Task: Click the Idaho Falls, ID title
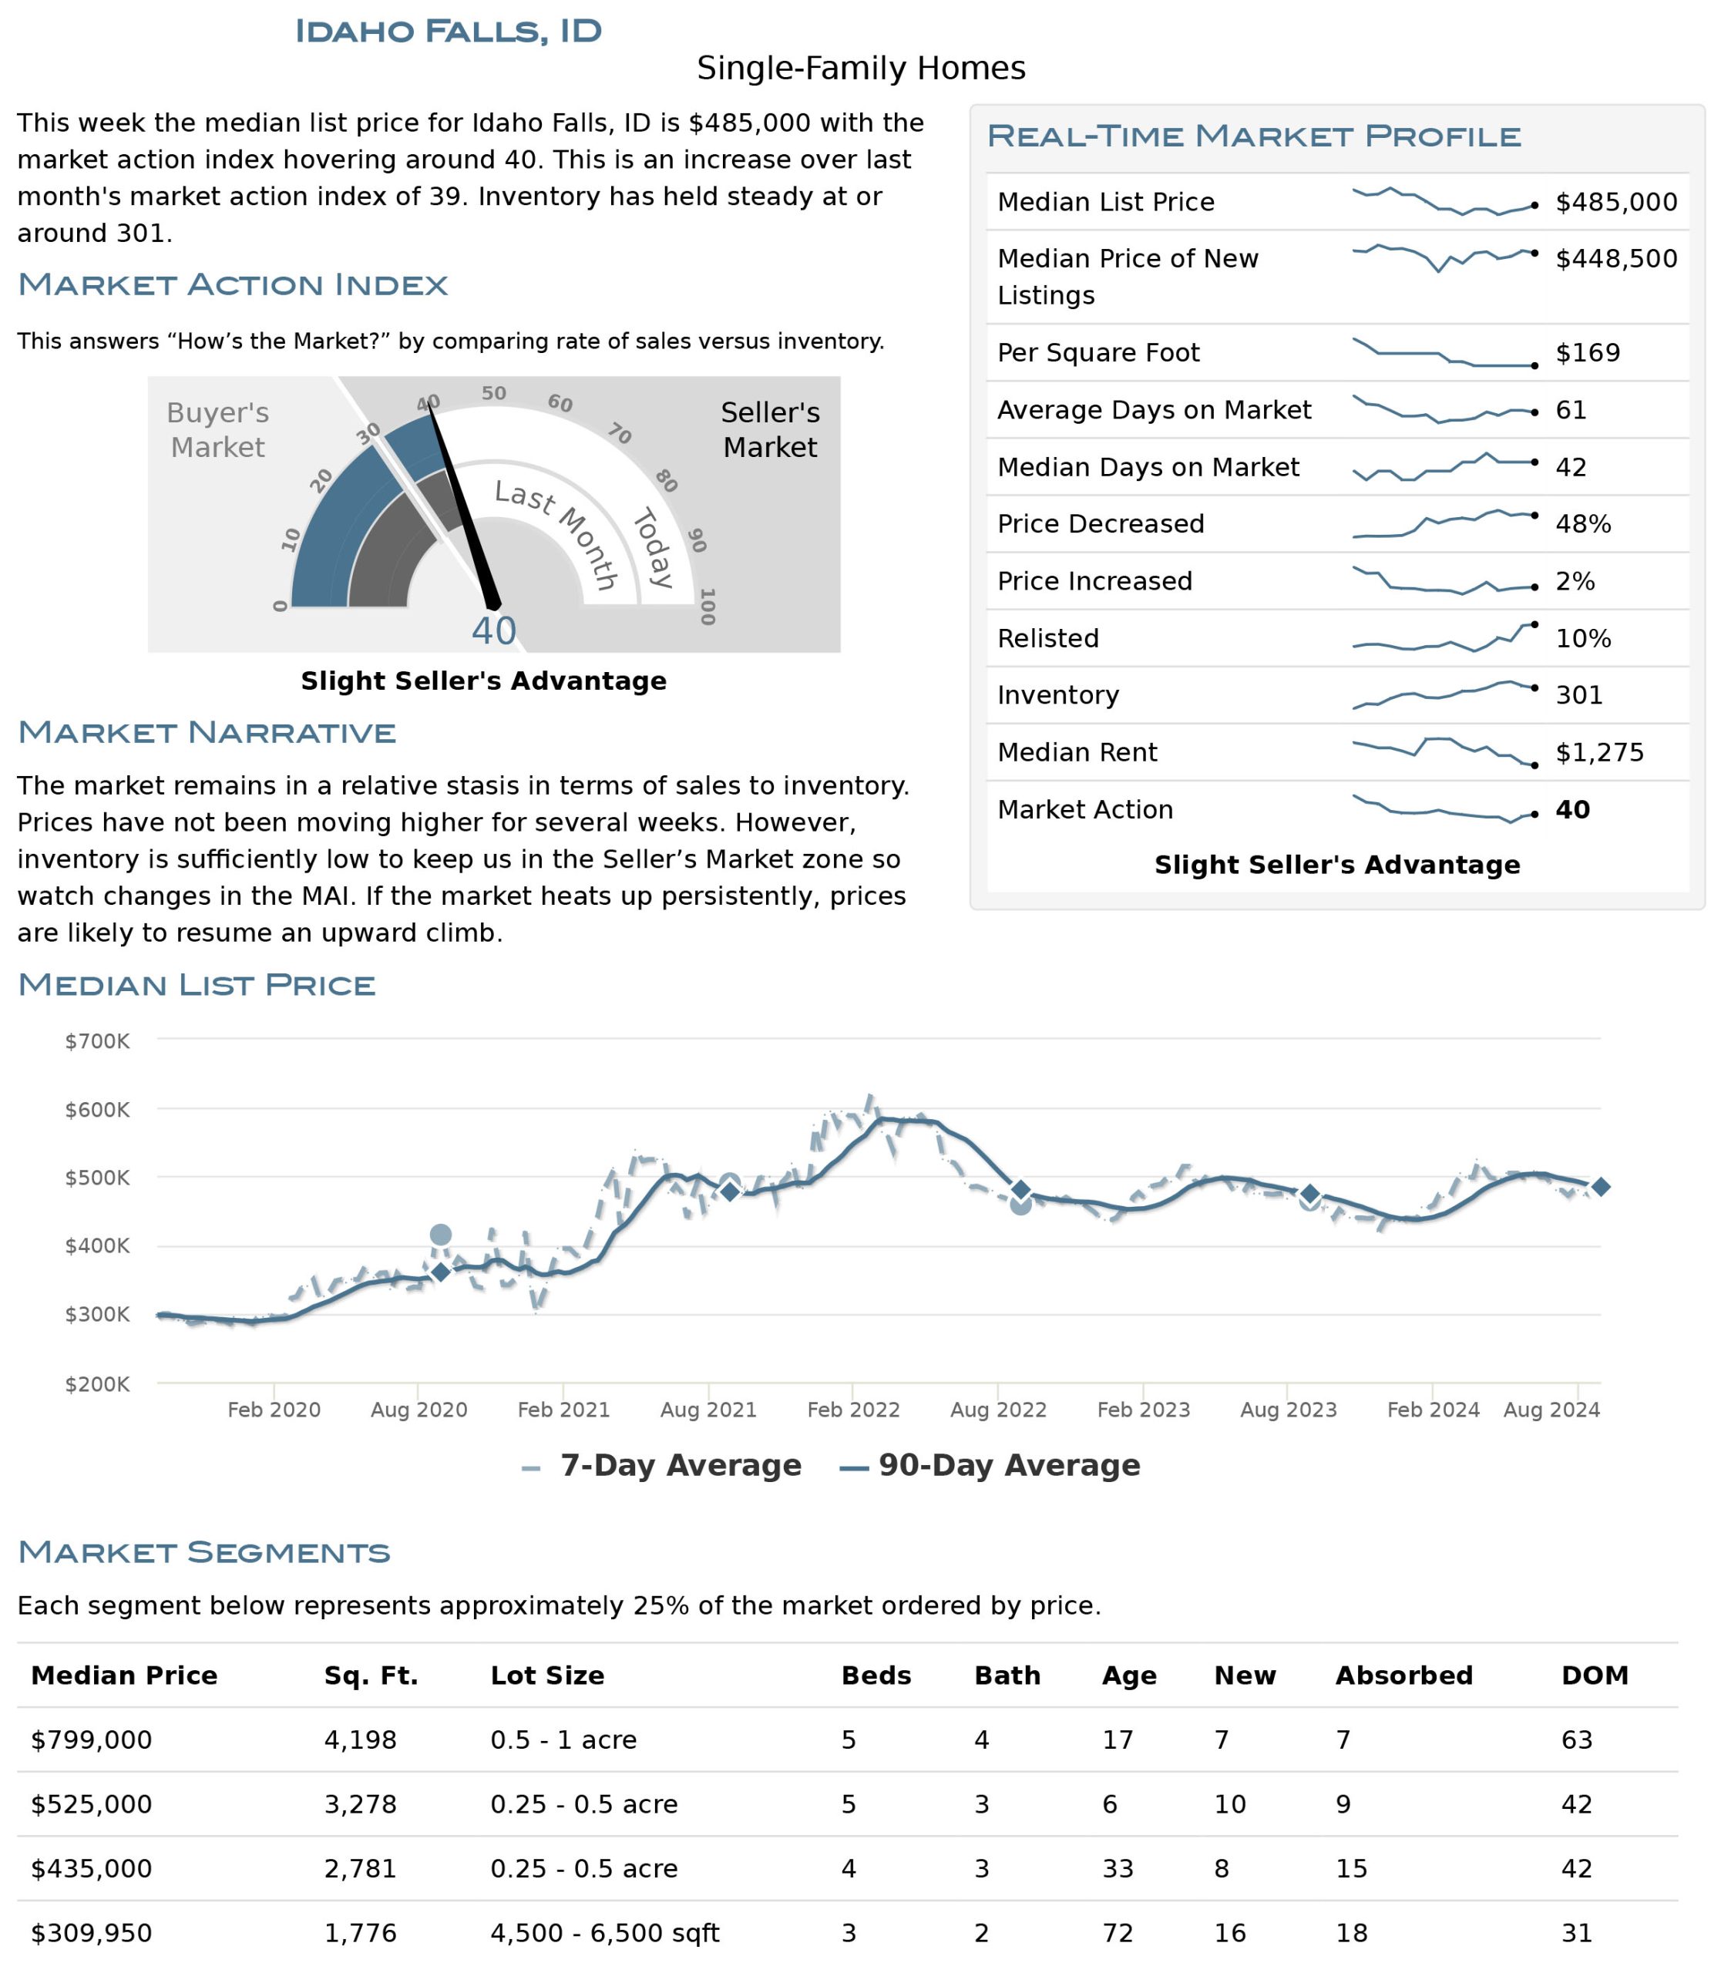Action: (448, 31)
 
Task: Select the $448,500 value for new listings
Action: (1616, 258)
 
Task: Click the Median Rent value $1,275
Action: (1599, 752)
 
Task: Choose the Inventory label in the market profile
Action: (1057, 695)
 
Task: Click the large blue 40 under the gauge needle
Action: (493, 631)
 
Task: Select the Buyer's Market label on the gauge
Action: (218, 429)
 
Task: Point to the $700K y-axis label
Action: (97, 1041)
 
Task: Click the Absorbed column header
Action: (1403, 1676)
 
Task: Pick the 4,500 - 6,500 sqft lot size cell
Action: (604, 1933)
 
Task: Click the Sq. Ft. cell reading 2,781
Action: (360, 1868)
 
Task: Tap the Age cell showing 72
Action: (1117, 1933)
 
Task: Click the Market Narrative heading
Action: (207, 732)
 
